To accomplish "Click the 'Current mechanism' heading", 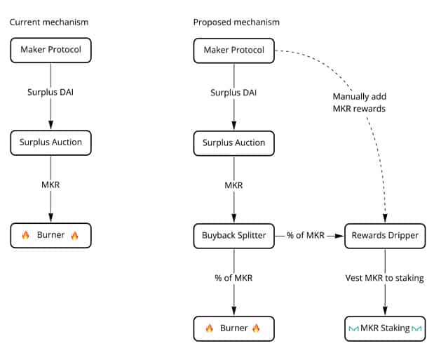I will (49, 22).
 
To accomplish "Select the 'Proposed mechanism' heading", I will (236, 22).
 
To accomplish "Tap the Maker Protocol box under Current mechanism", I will (50, 50).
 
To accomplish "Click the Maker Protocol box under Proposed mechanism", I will (233, 50).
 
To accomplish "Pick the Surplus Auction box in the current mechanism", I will (50, 142).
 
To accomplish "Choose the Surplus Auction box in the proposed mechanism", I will (233, 142).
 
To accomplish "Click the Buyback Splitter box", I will (233, 235).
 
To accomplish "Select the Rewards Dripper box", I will (385, 235).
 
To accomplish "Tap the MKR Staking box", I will (385, 328).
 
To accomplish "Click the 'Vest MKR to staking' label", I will (385, 278).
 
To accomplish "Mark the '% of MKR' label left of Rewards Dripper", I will (306, 235).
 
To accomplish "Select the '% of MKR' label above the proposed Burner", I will (233, 278).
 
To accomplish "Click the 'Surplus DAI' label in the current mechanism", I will (50, 93).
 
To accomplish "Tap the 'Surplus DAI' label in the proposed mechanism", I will (233, 93).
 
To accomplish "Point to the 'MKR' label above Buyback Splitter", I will (233, 185).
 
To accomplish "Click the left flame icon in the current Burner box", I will (26, 235).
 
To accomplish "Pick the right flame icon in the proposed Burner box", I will (256, 328).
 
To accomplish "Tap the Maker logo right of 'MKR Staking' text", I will (417, 328).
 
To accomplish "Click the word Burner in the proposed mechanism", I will (233, 328).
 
